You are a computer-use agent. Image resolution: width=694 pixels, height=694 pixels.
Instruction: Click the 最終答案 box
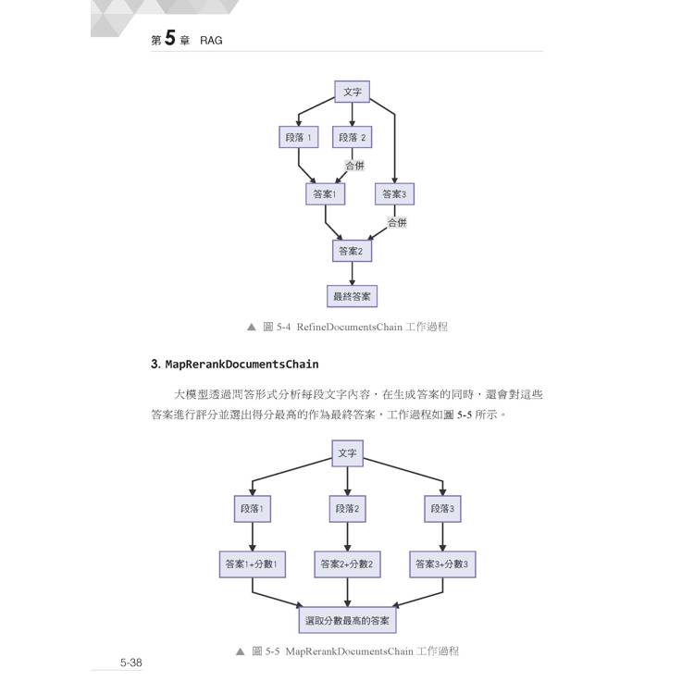352,296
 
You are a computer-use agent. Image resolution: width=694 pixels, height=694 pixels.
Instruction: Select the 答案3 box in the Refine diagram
394,194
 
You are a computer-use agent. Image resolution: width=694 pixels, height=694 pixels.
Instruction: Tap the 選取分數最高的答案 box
347,620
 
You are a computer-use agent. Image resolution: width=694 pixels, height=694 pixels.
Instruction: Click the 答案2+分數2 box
347,564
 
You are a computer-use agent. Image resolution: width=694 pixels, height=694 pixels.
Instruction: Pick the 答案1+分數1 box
253,564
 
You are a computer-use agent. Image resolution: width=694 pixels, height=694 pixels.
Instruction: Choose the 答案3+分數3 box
442,564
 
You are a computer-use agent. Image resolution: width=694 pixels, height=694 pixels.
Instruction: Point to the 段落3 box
442,509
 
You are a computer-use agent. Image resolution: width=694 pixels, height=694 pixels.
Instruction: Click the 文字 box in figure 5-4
352,92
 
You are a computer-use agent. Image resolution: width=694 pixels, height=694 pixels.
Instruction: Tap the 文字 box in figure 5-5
347,453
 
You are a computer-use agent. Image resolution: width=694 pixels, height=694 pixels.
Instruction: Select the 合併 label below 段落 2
355,166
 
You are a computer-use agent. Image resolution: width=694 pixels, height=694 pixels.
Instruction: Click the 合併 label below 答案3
397,222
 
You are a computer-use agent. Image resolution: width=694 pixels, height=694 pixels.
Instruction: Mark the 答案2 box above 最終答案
352,251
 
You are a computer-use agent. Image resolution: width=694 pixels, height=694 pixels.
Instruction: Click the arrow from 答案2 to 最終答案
352,274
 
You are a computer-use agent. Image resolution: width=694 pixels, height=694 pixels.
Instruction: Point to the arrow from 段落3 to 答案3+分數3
442,537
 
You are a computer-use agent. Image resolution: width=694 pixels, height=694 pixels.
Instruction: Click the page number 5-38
131,663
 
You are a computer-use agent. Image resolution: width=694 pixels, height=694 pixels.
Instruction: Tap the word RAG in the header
211,41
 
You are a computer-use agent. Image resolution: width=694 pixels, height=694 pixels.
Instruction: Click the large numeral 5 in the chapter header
170,38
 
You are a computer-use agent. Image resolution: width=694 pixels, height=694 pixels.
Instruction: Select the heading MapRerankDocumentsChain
242,365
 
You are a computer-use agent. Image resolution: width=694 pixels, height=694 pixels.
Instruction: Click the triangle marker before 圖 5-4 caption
252,327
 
